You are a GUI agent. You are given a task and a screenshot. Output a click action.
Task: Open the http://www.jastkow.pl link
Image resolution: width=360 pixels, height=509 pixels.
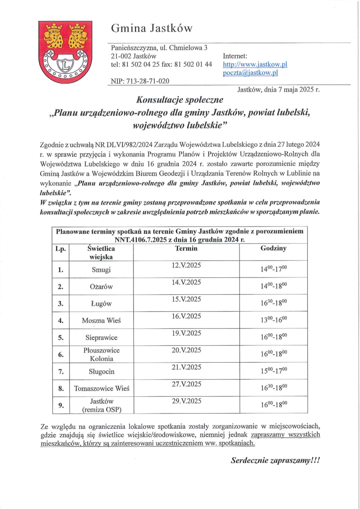pos(255,64)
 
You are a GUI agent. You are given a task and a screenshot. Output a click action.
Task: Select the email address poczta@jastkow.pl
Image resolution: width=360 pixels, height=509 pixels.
pos(250,72)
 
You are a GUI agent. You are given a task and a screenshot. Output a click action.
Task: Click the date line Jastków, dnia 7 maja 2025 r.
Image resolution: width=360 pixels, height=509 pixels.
pos(278,89)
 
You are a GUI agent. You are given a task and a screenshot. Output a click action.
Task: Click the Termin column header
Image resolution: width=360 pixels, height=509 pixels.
pos(186,248)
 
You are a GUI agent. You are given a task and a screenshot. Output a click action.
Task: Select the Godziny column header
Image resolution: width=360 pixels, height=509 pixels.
pos(273,248)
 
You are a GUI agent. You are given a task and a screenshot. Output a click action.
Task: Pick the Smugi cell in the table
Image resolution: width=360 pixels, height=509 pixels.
pos(101,270)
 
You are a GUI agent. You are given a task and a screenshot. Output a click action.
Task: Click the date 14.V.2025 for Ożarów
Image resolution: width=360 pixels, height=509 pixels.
pos(186,282)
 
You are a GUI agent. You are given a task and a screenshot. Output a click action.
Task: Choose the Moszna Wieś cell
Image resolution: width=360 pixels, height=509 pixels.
pos(101,321)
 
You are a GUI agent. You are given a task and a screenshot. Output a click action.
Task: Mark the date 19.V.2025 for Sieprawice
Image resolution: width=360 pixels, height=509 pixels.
pos(186,333)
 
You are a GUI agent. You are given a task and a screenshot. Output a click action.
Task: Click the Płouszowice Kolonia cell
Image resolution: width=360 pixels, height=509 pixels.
pos(101,354)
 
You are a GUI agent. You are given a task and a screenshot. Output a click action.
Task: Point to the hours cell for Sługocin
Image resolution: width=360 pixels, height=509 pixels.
pos(273,372)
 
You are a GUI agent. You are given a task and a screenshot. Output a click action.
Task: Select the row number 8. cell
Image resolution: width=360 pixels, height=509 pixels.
pos(60,388)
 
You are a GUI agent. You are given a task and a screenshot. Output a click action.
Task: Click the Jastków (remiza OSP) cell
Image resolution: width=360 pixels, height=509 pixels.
pos(101,405)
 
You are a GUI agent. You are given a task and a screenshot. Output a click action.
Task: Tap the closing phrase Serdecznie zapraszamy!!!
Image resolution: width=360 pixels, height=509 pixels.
pos(277,460)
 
